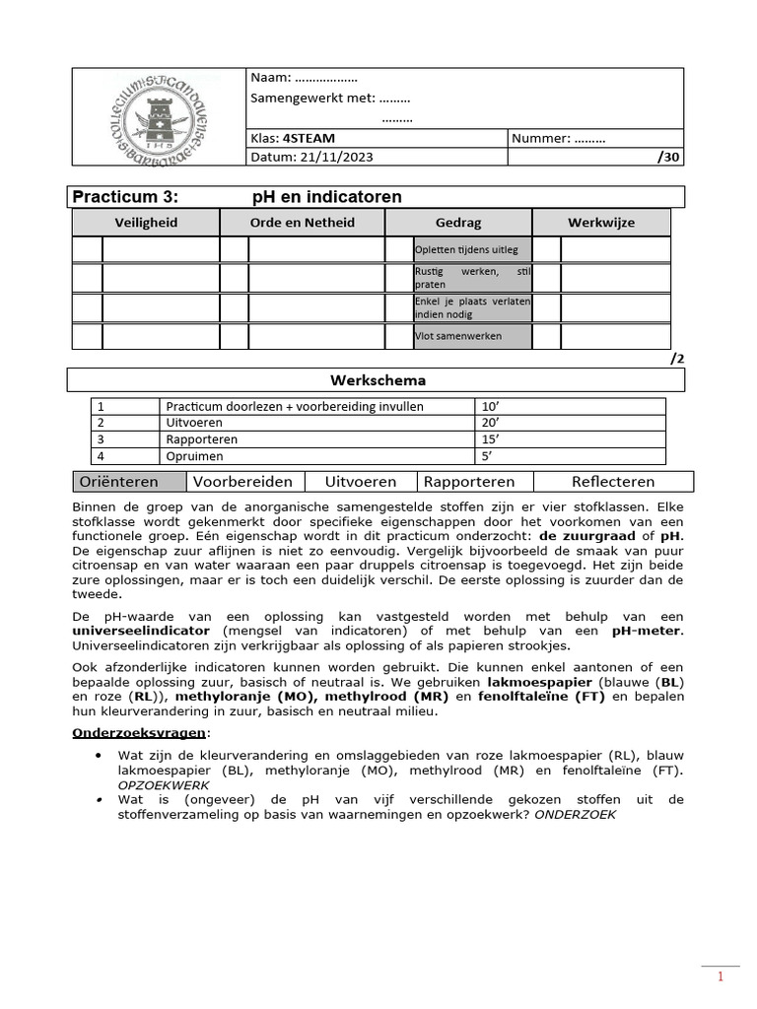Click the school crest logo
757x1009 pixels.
[x=158, y=117]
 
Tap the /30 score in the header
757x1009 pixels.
[x=667, y=157]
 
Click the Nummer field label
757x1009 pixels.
[x=540, y=139]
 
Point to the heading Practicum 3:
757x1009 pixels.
[x=126, y=197]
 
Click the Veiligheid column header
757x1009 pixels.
[x=146, y=223]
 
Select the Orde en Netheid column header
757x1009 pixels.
[x=302, y=223]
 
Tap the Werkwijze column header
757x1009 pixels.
[x=600, y=223]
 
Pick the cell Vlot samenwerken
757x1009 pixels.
[x=457, y=336]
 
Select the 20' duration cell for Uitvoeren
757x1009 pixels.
[x=490, y=423]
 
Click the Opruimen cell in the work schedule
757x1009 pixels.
[x=194, y=456]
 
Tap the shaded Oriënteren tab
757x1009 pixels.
[x=129, y=482]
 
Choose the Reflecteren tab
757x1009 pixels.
[x=612, y=482]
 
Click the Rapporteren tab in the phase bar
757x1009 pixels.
[x=469, y=482]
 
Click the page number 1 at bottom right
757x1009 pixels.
[x=721, y=977]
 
